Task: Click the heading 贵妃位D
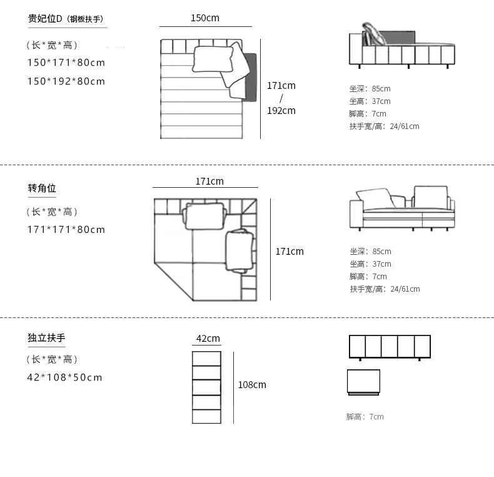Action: pos(46,19)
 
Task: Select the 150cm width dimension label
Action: pos(205,18)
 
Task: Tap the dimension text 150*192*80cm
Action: pos(66,81)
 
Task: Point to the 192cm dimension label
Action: pos(281,111)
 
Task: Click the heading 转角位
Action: pos(42,188)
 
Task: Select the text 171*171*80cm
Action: pos(66,230)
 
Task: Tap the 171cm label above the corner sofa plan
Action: pos(209,182)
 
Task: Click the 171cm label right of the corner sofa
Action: pos(290,252)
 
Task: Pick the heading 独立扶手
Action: pos(46,338)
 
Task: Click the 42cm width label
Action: pos(208,339)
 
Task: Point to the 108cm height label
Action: pos(252,385)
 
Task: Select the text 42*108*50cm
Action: pos(65,377)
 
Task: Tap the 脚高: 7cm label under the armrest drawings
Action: pos(365,417)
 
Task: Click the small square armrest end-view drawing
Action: pos(363,382)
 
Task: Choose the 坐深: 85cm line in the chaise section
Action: pos(370,89)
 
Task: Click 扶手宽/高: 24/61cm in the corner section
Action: pos(385,289)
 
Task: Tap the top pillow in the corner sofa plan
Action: pos(204,215)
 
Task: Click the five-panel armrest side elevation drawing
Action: pos(390,346)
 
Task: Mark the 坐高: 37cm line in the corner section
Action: pos(370,264)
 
